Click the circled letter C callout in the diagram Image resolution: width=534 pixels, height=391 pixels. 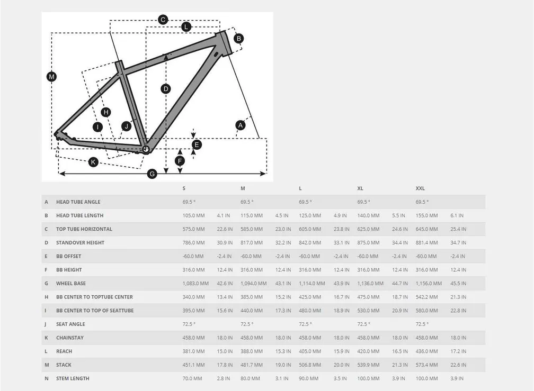(163, 20)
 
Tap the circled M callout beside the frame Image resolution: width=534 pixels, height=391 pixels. (51, 77)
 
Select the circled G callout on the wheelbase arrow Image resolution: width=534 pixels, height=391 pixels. (152, 174)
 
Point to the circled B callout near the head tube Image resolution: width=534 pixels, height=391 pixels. (239, 38)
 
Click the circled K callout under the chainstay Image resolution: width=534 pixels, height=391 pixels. (93, 162)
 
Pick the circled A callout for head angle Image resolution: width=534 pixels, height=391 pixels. (241, 125)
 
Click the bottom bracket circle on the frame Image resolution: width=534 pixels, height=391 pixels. (146, 149)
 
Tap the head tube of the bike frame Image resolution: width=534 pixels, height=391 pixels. (224, 42)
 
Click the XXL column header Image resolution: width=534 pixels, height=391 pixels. (420, 188)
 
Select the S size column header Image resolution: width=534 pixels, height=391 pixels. (184, 188)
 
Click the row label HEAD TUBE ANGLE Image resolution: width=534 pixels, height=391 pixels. (78, 202)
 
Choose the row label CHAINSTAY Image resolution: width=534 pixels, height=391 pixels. (70, 338)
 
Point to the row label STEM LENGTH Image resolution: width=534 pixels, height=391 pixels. (73, 379)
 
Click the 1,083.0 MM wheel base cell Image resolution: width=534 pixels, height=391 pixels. (195, 284)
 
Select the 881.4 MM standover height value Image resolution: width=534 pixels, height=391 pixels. (427, 243)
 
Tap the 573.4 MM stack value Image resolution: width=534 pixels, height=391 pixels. (427, 365)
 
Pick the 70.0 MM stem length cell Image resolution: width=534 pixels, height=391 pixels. (192, 379)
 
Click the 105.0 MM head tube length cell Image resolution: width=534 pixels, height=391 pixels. (193, 215)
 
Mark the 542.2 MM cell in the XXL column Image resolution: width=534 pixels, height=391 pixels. (427, 297)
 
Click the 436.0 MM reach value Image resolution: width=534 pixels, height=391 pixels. (427, 351)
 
